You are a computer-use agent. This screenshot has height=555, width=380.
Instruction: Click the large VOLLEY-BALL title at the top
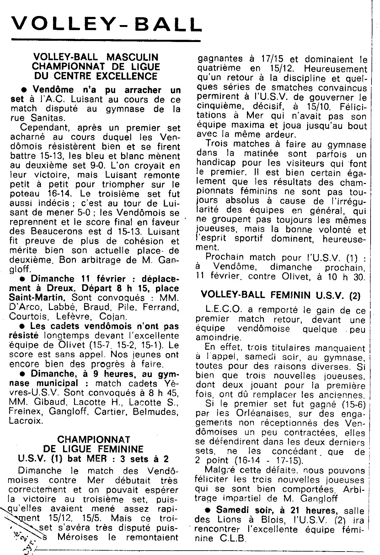click(106, 24)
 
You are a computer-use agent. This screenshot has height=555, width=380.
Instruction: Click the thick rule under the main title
click(105, 40)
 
